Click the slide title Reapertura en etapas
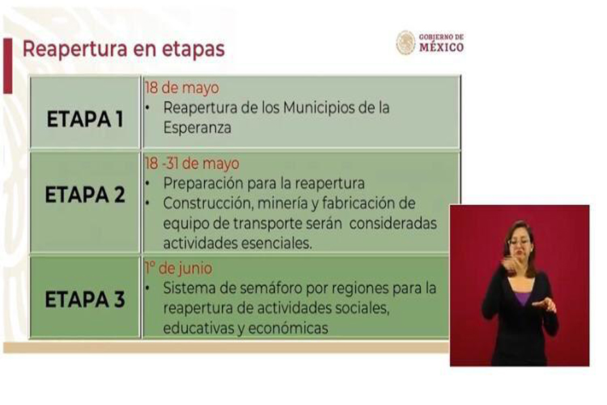[x=123, y=49]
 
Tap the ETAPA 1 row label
[x=85, y=119]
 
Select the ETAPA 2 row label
[x=85, y=194]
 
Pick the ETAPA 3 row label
[x=85, y=299]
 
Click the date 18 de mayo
[x=181, y=88]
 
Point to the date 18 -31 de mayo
[x=192, y=163]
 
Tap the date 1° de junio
[x=178, y=268]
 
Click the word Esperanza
[x=197, y=128]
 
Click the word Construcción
[x=208, y=203]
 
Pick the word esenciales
[x=277, y=244]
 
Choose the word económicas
[x=288, y=328]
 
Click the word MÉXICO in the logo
[x=442, y=47]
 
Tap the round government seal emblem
[x=405, y=43]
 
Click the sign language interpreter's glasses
[x=519, y=242]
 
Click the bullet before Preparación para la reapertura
[x=148, y=184]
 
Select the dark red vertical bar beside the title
[x=7, y=65]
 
